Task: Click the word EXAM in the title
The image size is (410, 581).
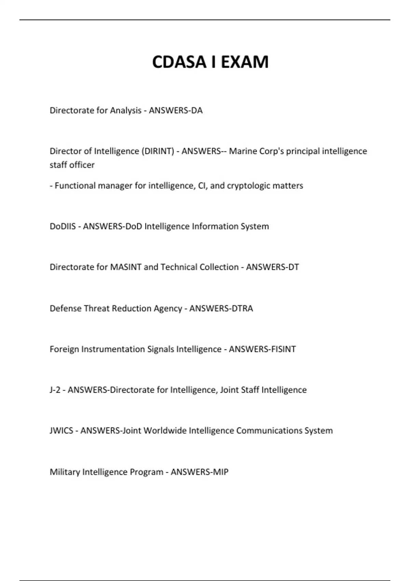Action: [245, 62]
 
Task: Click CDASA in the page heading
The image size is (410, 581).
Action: [179, 62]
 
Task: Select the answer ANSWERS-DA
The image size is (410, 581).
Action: [176, 110]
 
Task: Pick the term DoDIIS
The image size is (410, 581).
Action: [63, 226]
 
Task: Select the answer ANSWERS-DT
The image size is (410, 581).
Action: [272, 267]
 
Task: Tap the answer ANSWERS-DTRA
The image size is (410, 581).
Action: [221, 308]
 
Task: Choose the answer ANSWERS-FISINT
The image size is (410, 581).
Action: [262, 349]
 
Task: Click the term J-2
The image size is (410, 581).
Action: [55, 390]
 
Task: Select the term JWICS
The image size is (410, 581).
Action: [61, 430]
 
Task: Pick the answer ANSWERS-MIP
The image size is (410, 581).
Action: [199, 472]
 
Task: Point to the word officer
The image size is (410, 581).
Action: [82, 165]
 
